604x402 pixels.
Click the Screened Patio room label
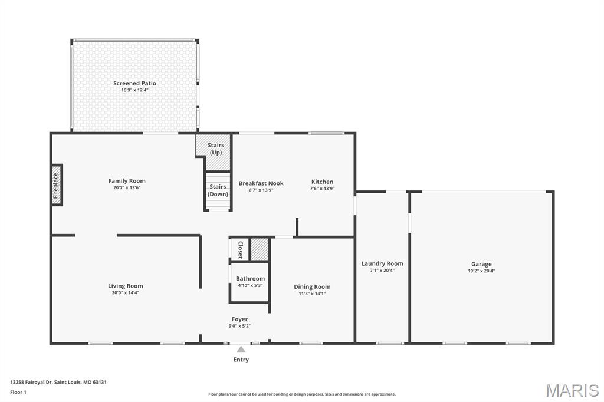134,83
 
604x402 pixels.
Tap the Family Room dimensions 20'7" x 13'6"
127,188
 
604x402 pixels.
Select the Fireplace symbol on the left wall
57,184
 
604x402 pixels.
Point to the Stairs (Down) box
218,190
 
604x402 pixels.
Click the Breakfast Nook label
261,183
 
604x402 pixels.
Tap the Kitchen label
322,182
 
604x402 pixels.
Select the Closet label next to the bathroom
240,249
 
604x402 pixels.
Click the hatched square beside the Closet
260,249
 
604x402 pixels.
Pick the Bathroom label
250,278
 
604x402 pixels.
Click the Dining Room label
312,286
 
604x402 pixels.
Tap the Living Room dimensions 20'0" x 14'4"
126,293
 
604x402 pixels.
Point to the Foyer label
239,319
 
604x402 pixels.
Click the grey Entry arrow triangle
241,350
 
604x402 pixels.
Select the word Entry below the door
241,360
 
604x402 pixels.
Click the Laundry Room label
382,263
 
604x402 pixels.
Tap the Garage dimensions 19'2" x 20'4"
481,271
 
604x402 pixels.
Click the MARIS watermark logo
572,390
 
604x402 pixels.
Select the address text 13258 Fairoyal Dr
32,382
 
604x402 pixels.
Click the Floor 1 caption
18,392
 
